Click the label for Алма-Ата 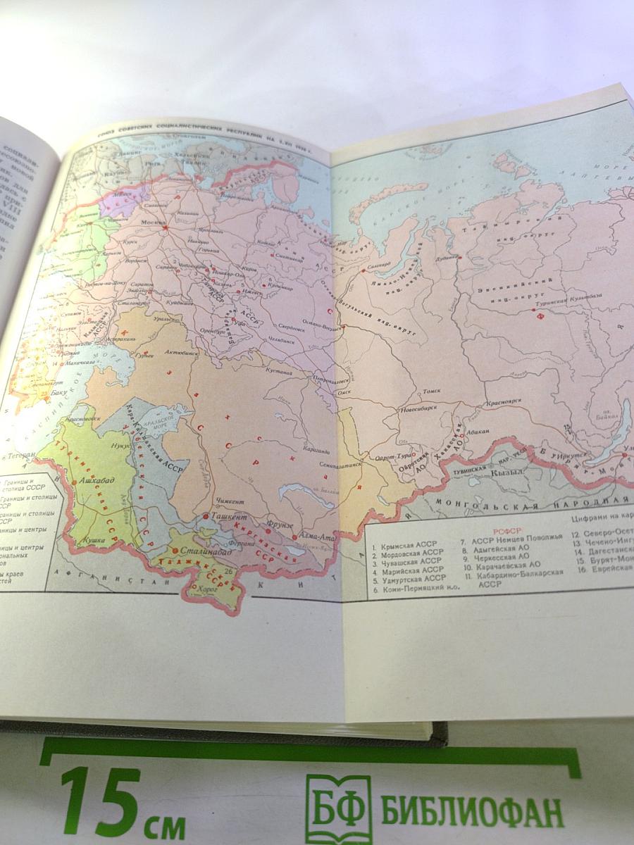click(316, 537)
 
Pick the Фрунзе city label click(280, 523)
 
